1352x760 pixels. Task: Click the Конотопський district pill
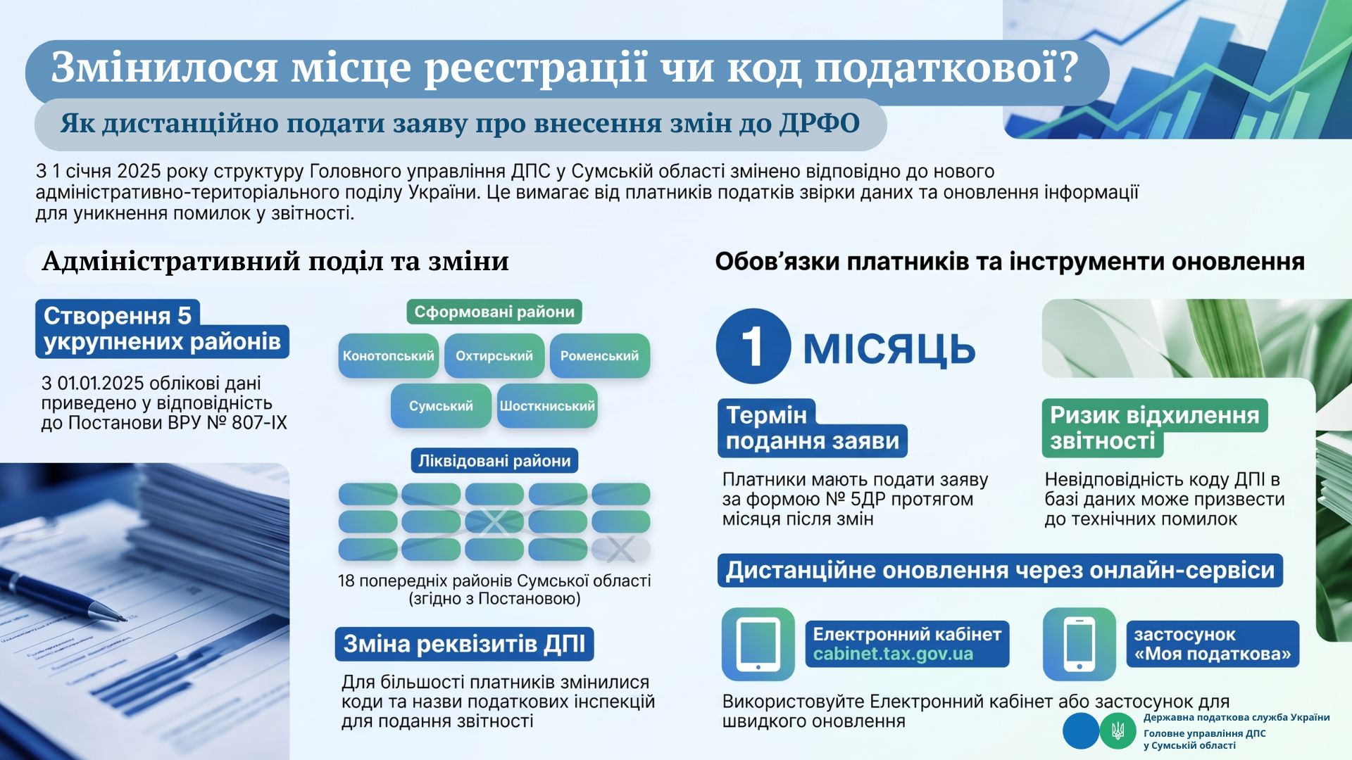point(389,355)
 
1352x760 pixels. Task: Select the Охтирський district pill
point(494,355)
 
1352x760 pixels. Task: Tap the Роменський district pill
point(599,355)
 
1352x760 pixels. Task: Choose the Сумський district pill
point(441,406)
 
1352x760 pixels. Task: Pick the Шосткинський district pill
point(547,406)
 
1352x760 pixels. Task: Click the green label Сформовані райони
point(494,312)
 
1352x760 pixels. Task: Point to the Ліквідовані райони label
point(494,461)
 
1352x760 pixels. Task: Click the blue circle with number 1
point(753,346)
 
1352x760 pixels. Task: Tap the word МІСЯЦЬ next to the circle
point(889,348)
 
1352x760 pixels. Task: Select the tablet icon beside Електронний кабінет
point(758,645)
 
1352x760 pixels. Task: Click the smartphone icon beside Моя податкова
point(1079,645)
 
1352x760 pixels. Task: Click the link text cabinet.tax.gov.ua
point(893,654)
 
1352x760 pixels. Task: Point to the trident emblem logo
point(1118,730)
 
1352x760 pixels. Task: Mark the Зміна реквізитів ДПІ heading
point(464,644)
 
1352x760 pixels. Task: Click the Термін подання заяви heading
point(813,428)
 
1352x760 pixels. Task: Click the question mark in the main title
point(1068,68)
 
